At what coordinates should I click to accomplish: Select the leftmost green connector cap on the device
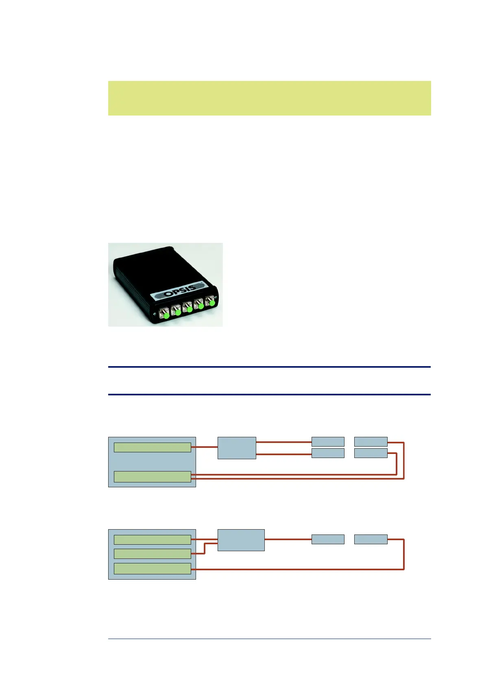pos(166,315)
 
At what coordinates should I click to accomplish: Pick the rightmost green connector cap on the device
pos(211,303)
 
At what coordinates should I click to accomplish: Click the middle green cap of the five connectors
pos(189,309)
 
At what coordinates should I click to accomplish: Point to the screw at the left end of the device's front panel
pos(155,314)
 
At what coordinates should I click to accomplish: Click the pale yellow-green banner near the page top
pos(269,98)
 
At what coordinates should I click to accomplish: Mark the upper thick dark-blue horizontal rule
pos(269,367)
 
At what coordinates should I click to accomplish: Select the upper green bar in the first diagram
pos(152,447)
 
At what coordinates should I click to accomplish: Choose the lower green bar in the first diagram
pos(152,477)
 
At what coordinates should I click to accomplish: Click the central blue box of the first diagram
pos(237,448)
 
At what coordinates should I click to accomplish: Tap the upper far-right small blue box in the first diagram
pos(371,442)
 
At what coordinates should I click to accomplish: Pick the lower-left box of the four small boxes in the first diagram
pos(328,453)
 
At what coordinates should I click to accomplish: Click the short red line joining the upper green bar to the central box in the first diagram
pos(204,447)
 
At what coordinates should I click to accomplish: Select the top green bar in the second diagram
pos(152,540)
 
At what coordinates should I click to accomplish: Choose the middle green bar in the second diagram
pos(152,554)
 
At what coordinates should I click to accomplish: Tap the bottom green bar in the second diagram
pos(152,569)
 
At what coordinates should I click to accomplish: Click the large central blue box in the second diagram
pos(241,540)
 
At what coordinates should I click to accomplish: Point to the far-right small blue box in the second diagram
pos(371,539)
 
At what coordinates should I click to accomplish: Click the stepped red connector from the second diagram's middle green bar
pos(205,548)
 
